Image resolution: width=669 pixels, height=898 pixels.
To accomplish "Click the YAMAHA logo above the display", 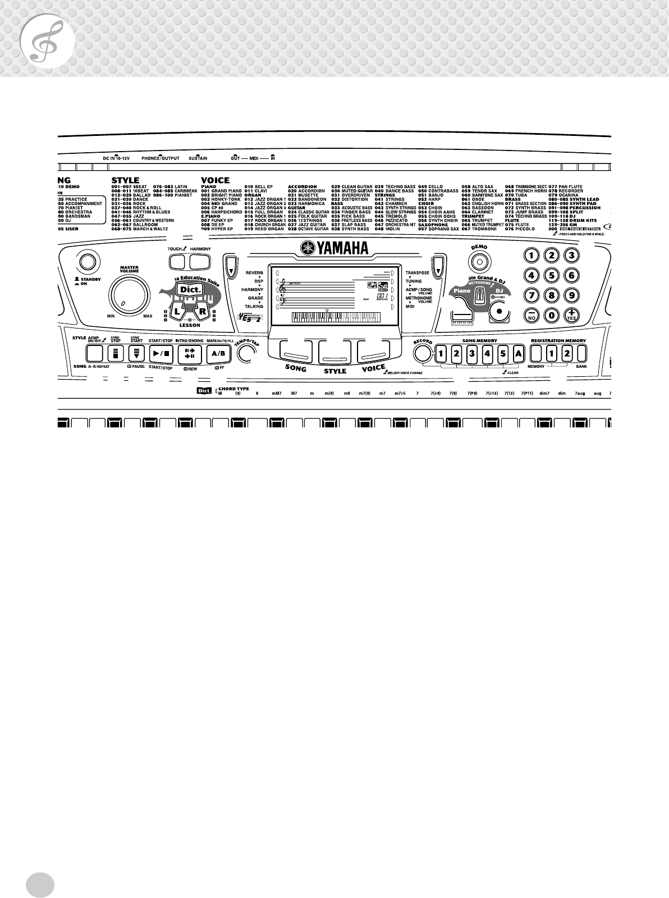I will pos(334,248).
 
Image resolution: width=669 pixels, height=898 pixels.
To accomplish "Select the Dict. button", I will pos(184,289).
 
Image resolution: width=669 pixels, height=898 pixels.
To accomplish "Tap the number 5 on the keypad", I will pos(552,275).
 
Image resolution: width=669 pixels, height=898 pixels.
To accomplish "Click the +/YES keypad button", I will pos(571,314).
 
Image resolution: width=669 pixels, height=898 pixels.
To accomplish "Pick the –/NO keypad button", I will pos(531,314).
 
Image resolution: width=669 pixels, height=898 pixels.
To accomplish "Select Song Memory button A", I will pos(518,353).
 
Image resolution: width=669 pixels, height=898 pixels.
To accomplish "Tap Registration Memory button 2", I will pos(567,353).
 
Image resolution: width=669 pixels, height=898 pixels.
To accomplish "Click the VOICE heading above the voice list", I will pos(215,180).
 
